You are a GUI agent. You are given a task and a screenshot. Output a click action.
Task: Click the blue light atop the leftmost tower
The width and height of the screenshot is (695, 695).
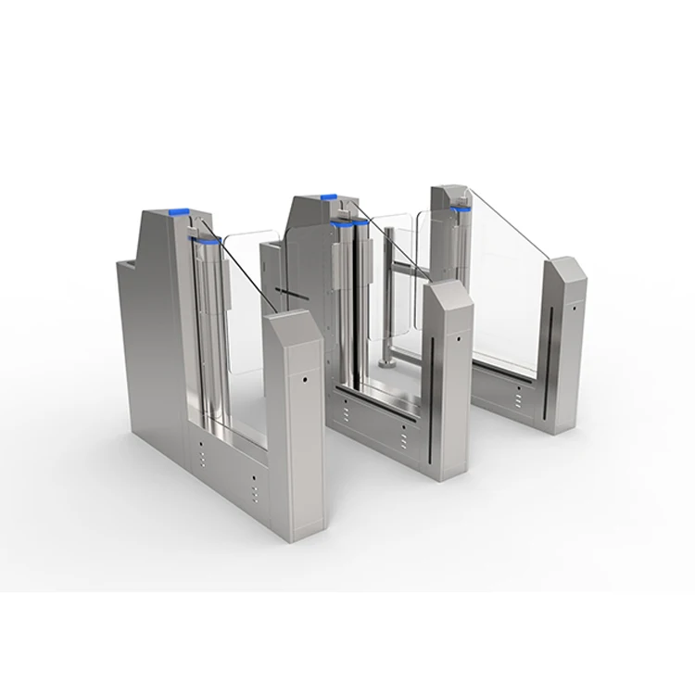[176, 210]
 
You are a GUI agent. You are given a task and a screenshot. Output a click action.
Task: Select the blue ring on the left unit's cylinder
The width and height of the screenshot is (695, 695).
[208, 243]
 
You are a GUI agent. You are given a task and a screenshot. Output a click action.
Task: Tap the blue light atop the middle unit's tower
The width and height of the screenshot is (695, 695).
[326, 196]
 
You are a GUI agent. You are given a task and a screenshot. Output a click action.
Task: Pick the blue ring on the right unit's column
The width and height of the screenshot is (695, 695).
[461, 211]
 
